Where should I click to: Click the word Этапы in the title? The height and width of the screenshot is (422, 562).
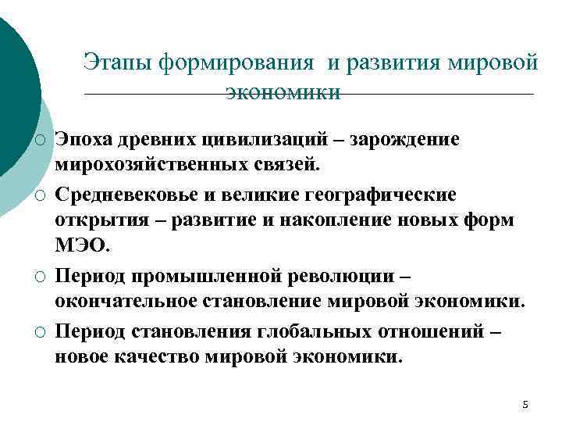[x=118, y=63]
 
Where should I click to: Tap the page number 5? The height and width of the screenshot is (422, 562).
[x=525, y=404]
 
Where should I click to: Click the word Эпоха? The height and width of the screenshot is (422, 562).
[x=84, y=139]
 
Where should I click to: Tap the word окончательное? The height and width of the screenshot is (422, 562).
[x=126, y=302]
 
